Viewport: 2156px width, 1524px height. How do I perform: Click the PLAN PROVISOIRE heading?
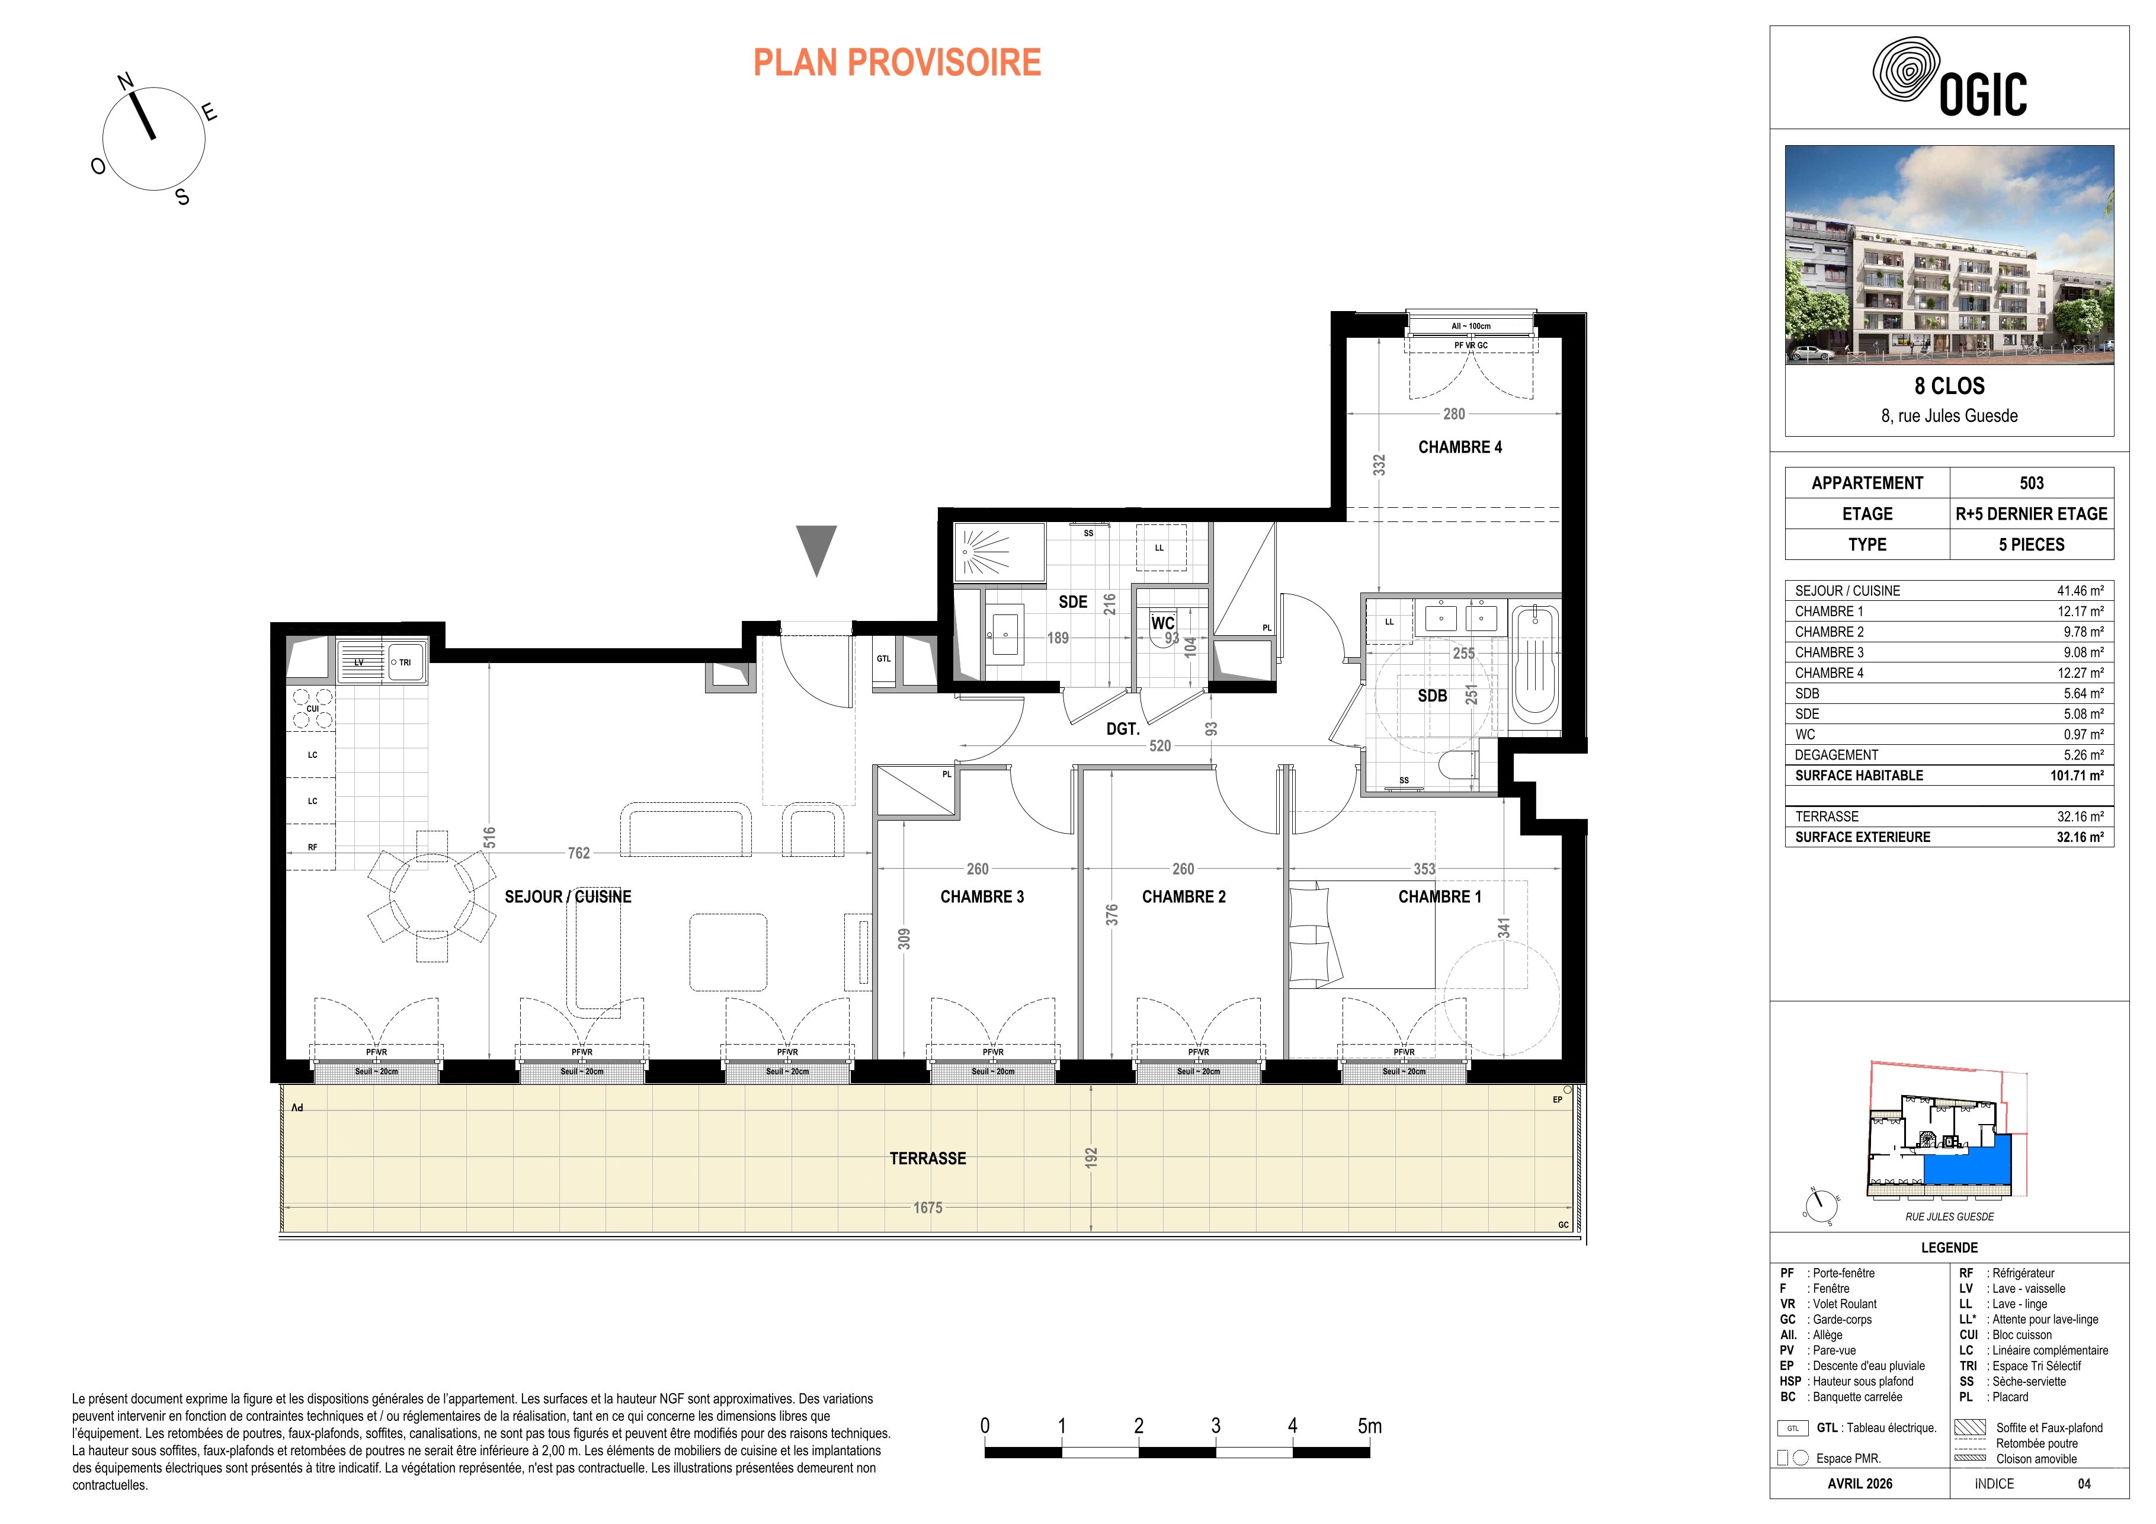(897, 63)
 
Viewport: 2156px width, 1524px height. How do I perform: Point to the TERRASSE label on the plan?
(928, 1159)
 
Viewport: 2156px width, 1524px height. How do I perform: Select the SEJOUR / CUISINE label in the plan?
(568, 897)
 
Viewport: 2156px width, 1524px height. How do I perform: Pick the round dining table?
(432, 896)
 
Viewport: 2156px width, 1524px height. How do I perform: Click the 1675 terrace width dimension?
(928, 1208)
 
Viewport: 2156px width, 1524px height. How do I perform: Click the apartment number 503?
(2031, 483)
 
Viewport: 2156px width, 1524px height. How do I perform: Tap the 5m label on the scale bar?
(1369, 1426)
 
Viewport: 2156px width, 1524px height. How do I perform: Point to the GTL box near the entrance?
(883, 663)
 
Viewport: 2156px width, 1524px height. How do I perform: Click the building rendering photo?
(1949, 254)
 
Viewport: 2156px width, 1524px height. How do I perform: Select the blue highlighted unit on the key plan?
(1967, 1174)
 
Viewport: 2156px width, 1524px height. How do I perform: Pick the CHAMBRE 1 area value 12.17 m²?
(2077, 611)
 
